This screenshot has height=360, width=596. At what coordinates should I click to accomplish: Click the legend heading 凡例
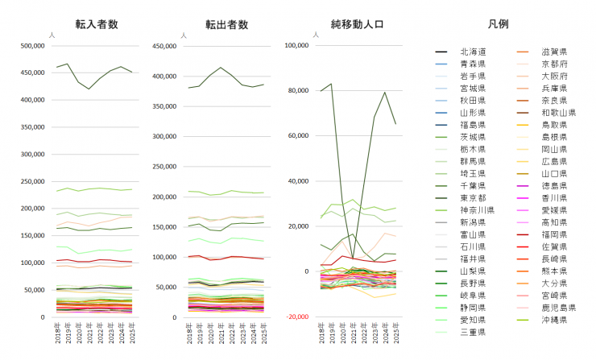[x=497, y=25]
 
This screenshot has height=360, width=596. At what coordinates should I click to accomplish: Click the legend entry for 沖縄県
[x=553, y=320]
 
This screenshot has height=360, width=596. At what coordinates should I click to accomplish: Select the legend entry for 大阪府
[x=553, y=76]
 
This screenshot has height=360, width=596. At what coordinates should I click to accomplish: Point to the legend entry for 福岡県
[x=553, y=234]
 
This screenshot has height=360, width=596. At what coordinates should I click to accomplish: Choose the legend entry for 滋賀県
[x=553, y=51]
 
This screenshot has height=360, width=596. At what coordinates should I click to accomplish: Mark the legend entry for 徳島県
[x=553, y=185]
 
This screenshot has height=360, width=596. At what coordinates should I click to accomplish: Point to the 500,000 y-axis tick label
[x=32, y=46]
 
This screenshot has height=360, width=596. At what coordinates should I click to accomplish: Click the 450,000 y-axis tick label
[x=164, y=46]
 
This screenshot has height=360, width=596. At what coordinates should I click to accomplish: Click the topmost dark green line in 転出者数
[x=220, y=68]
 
